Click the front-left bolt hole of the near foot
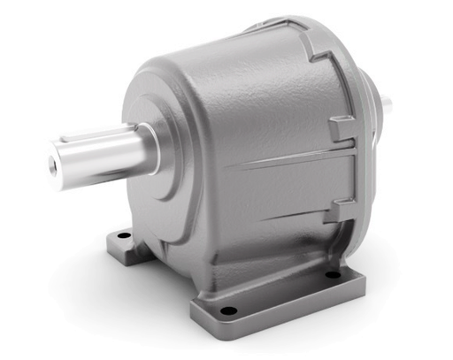click(x=229, y=310)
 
